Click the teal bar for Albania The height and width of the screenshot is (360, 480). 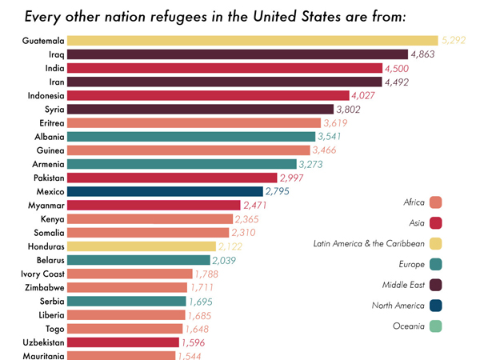point(191,137)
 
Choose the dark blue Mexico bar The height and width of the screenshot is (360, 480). point(165,191)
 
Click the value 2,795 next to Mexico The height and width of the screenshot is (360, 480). point(280,191)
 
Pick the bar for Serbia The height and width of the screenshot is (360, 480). point(126,301)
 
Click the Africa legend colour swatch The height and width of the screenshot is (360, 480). point(436,202)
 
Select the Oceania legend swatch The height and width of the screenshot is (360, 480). point(436,326)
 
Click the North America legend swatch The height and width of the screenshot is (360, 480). point(436,305)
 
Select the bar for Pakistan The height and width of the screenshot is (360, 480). point(172,178)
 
